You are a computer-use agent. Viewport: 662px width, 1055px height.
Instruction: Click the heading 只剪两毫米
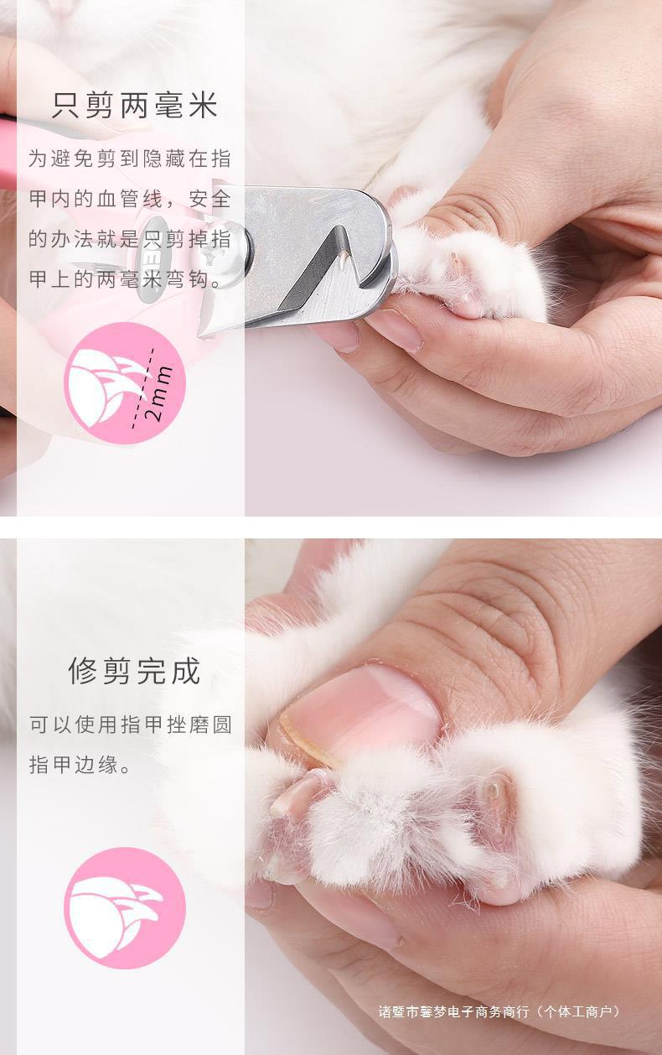(134, 106)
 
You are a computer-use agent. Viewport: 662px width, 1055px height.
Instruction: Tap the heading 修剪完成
(134, 671)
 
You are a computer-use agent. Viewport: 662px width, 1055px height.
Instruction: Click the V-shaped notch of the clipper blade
(335, 252)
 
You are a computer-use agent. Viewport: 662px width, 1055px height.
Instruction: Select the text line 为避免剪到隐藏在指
(130, 159)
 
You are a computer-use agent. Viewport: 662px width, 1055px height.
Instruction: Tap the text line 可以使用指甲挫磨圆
(130, 725)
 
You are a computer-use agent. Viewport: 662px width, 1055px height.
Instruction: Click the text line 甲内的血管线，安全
(130, 200)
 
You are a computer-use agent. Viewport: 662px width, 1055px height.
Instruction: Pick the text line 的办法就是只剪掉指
(130, 239)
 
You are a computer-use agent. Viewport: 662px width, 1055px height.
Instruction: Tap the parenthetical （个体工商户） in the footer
(578, 1011)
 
